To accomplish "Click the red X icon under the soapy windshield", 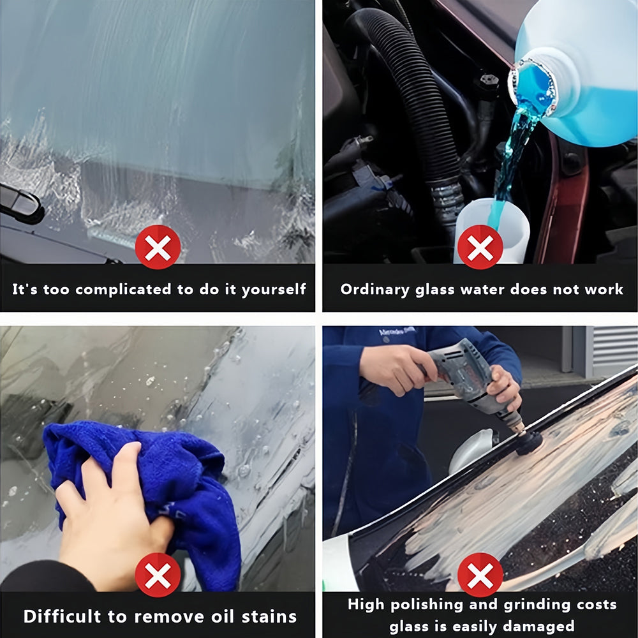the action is pyautogui.click(x=158, y=247).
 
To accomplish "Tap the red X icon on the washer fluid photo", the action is pyautogui.click(x=480, y=247).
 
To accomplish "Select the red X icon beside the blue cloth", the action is pyautogui.click(x=158, y=575).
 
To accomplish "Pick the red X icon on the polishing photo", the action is pyautogui.click(x=480, y=575).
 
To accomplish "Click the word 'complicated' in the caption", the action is pyautogui.click(x=123, y=290).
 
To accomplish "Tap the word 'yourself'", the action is pyautogui.click(x=274, y=290).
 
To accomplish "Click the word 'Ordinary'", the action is pyautogui.click(x=375, y=290).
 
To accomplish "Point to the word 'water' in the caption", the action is pyautogui.click(x=482, y=289).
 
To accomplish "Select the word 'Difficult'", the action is pyautogui.click(x=62, y=616).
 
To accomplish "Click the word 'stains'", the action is pyautogui.click(x=269, y=617).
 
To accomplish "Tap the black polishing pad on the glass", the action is pyautogui.click(x=530, y=443).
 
